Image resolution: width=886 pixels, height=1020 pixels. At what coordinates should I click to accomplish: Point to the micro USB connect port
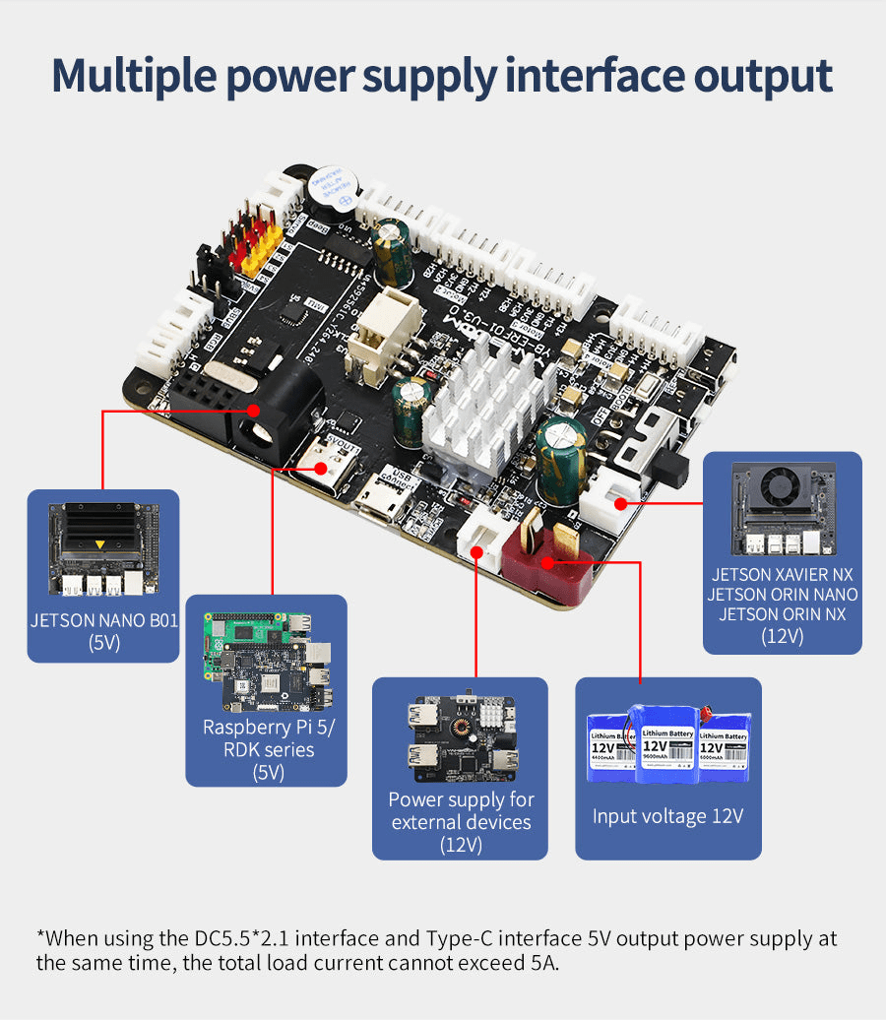coord(382,506)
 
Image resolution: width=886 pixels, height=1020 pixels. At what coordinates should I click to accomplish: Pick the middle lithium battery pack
coord(667,742)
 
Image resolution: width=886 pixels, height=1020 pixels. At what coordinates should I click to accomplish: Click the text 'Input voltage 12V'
coord(667,816)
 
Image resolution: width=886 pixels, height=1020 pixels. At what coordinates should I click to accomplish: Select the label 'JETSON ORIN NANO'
coord(783,595)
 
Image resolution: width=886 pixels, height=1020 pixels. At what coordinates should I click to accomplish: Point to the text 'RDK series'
coord(268,749)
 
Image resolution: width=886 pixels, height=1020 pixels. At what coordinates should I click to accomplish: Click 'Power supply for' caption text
coord(461,798)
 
